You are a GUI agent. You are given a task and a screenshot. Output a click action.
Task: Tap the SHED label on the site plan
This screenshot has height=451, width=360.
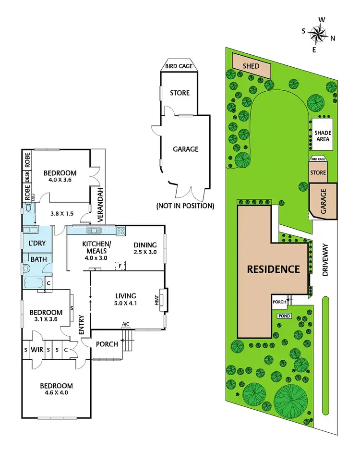[250, 67]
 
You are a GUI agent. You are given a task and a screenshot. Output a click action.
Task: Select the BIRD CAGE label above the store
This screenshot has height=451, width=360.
[180, 66]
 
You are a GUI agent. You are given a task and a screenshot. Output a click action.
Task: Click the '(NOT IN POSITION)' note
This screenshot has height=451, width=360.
[185, 206]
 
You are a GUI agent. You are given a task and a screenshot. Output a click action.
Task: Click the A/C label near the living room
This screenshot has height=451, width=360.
[126, 324]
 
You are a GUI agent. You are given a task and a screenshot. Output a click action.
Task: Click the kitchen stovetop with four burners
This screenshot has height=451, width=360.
[120, 230]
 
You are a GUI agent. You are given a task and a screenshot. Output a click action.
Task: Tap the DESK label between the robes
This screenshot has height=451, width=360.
[27, 178]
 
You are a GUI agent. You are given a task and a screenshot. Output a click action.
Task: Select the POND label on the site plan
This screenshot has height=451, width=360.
[284, 316]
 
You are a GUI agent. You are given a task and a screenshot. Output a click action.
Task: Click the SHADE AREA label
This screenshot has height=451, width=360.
[323, 136]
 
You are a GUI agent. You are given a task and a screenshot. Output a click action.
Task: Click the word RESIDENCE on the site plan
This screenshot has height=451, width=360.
[273, 269]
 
